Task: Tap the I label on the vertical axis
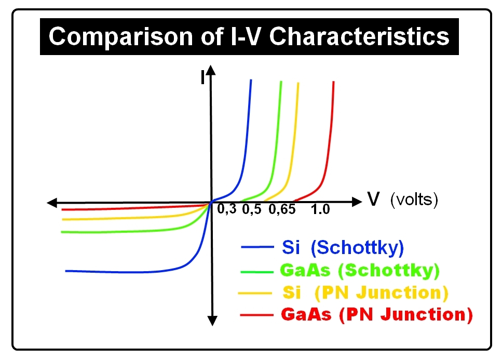click(x=203, y=78)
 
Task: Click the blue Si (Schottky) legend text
click(x=343, y=248)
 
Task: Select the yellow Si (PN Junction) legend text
click(x=365, y=292)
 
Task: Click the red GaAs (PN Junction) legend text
click(x=376, y=315)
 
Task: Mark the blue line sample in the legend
click(x=256, y=248)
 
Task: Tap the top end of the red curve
click(x=333, y=82)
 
